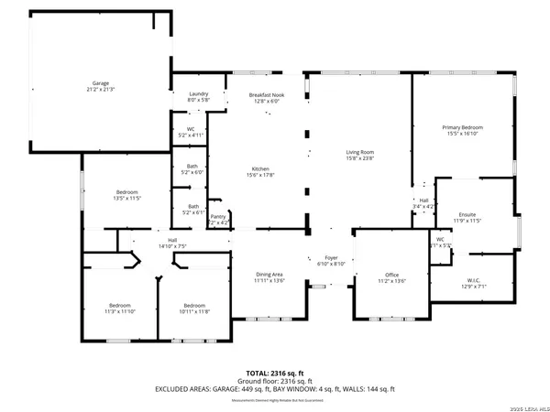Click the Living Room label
(x=359, y=156)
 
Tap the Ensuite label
(x=467, y=217)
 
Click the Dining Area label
(x=269, y=278)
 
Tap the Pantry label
(x=218, y=219)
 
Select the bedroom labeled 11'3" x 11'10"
(x=120, y=308)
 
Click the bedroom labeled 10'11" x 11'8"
(x=193, y=308)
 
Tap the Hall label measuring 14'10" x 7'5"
(x=172, y=243)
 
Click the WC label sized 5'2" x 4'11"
(x=191, y=132)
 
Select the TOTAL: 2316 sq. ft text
(x=274, y=373)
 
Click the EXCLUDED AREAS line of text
(x=274, y=389)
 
